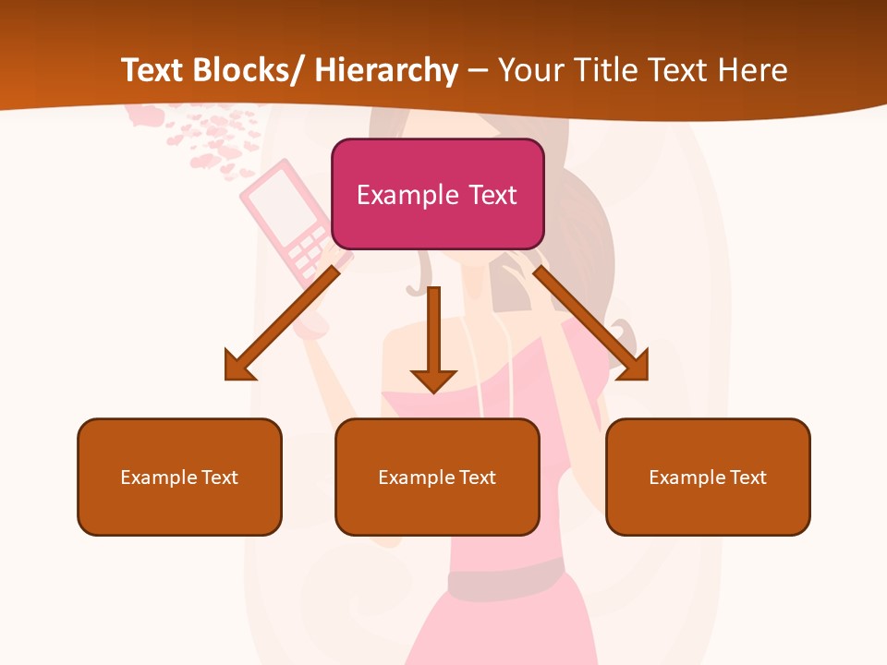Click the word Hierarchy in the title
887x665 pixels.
pos(385,70)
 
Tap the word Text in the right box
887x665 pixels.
pos(747,478)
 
